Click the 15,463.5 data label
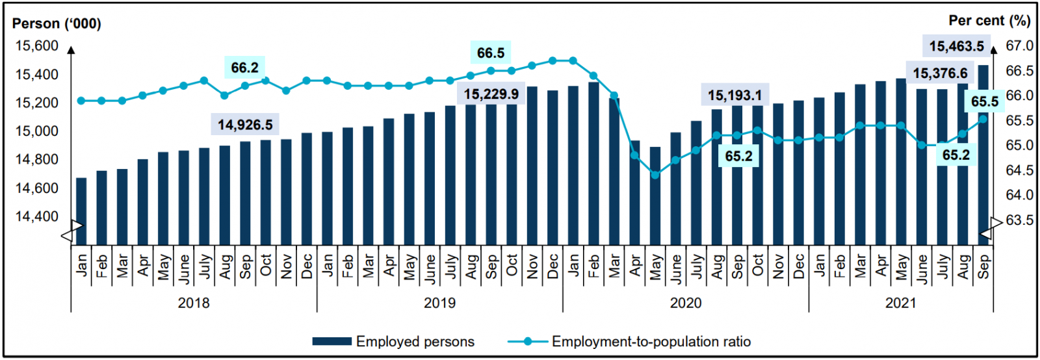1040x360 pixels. [956, 46]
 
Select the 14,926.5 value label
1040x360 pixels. [245, 124]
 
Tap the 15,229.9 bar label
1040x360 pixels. [491, 94]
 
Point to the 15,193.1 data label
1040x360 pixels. [734, 96]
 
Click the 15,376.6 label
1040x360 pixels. [940, 73]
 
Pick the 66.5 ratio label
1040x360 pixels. [491, 53]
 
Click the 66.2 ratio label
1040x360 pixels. [244, 68]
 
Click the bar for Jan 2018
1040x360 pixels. [81, 211]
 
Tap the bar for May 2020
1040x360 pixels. [655, 196]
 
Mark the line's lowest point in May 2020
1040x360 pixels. [655, 175]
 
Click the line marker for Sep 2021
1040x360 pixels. [983, 119]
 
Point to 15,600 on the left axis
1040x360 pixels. [36, 46]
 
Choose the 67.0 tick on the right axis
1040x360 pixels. [1019, 46]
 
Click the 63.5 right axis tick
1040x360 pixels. [1019, 220]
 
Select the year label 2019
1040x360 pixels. [440, 303]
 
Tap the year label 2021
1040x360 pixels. [901, 303]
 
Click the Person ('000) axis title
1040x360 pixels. [57, 24]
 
